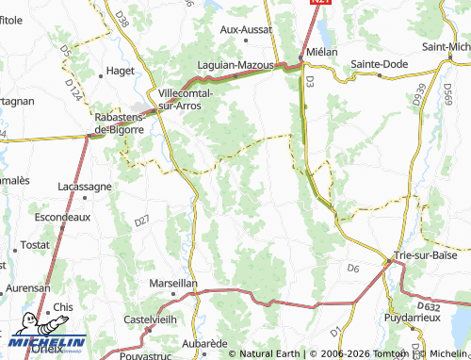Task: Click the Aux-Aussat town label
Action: click(245, 30)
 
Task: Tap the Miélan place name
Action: click(321, 52)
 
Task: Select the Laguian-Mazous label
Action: click(235, 65)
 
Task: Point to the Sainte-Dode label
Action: click(379, 64)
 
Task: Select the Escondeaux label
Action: click(62, 216)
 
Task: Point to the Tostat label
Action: click(34, 244)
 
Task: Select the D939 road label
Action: click(419, 93)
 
